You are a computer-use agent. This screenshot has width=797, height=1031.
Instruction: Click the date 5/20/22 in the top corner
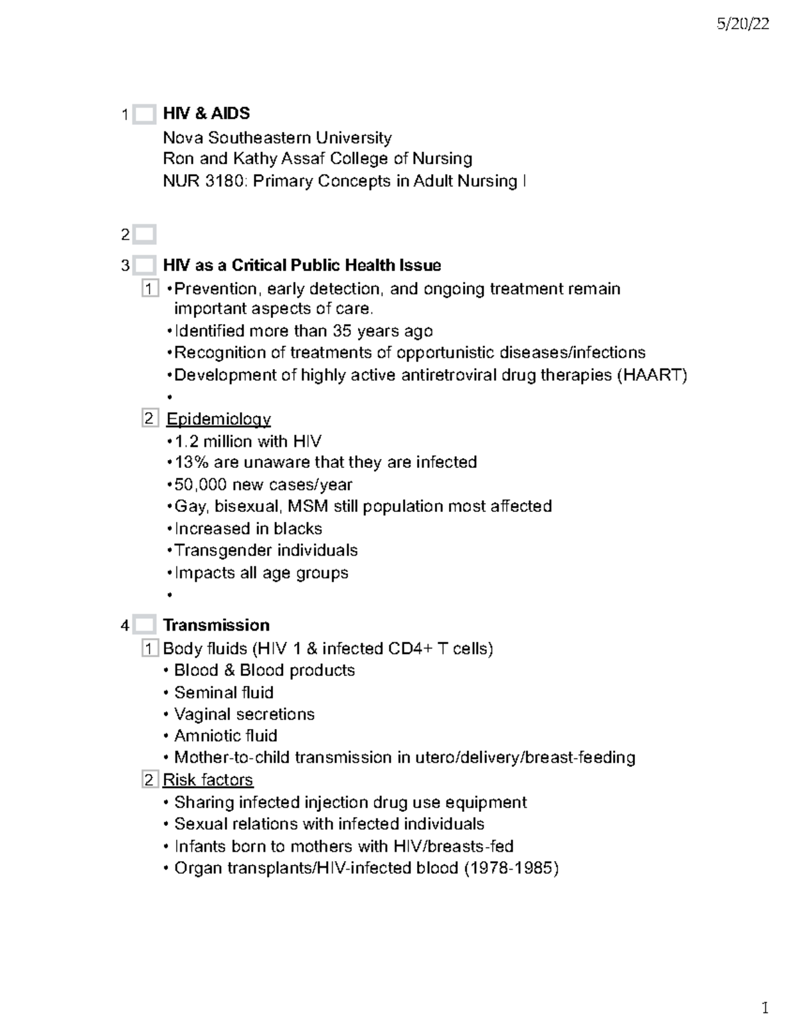tap(743, 25)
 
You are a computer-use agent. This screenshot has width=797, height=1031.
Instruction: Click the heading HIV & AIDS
tap(206, 114)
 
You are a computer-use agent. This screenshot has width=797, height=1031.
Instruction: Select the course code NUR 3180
tap(204, 181)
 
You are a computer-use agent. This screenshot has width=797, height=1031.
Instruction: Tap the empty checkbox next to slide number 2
tap(144, 234)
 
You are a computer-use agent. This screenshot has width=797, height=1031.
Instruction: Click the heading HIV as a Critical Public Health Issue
tap(302, 266)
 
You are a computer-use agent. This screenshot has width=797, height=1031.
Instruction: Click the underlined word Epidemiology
tap(218, 419)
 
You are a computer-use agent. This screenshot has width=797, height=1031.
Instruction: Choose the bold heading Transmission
tap(216, 625)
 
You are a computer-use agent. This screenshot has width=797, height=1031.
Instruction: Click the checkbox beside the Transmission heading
tap(144, 625)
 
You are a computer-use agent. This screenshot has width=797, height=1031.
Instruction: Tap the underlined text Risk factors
tap(208, 779)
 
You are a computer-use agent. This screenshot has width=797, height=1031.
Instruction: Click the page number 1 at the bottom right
tap(764, 1008)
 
